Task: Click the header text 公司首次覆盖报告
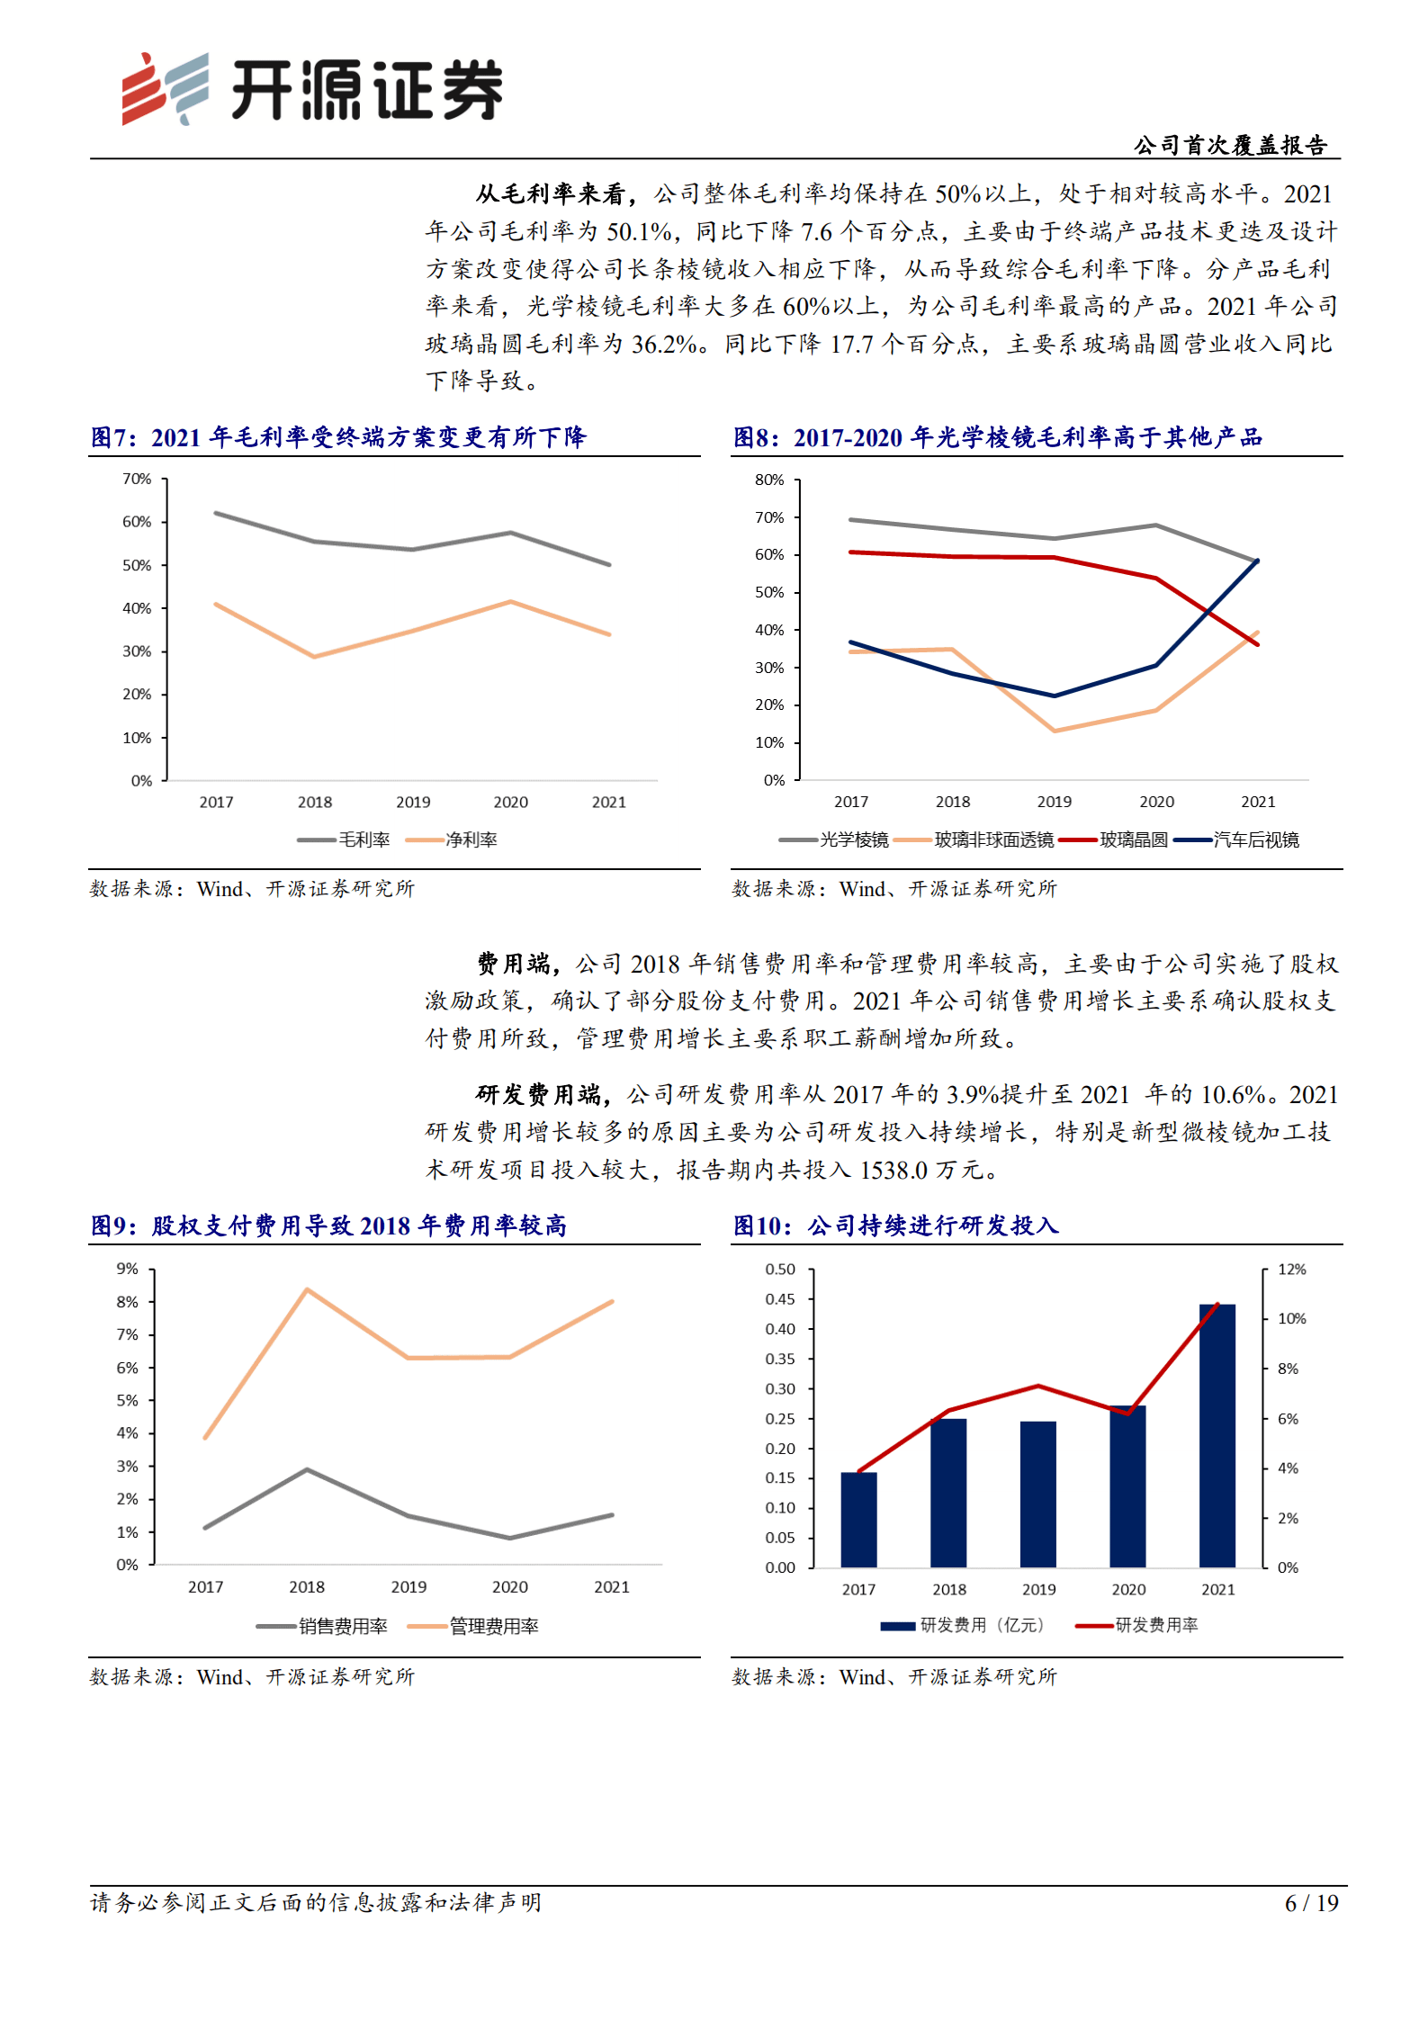pyautogui.click(x=1229, y=145)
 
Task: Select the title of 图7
pyautogui.click(x=338, y=437)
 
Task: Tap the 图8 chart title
pyautogui.click(x=997, y=437)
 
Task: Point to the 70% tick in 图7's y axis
pyautogui.click(x=137, y=479)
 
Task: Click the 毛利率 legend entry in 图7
pyautogui.click(x=344, y=839)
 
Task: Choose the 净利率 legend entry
pyautogui.click(x=452, y=839)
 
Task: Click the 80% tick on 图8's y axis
pyautogui.click(x=769, y=480)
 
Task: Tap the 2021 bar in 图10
pyautogui.click(x=1217, y=1435)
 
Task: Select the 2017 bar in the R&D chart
pyautogui.click(x=858, y=1520)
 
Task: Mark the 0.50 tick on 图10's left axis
pyautogui.click(x=780, y=1269)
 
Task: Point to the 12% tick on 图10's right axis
pyautogui.click(x=1291, y=1269)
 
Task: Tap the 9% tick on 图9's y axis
pyautogui.click(x=127, y=1269)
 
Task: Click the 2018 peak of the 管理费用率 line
pyautogui.click(x=307, y=1289)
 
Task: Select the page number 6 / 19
pyautogui.click(x=1311, y=1903)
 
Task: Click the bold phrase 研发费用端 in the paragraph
pyautogui.click(x=538, y=1095)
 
